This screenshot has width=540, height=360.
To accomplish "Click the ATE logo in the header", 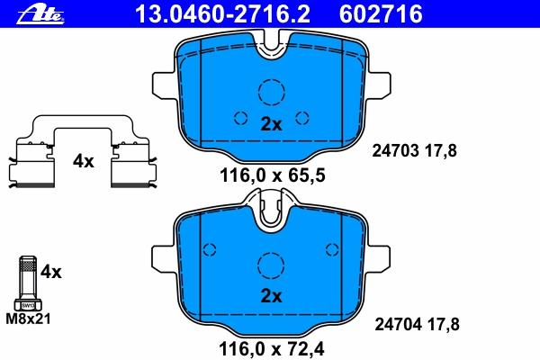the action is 40,14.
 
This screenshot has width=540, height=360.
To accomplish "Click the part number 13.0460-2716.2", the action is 222,14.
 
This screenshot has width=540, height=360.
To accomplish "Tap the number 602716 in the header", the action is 381,14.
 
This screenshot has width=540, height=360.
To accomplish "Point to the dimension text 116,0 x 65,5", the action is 272,175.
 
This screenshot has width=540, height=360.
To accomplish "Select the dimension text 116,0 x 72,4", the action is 272,349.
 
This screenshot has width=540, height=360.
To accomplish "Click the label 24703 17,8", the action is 414,151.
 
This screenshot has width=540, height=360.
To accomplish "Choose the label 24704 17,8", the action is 417,325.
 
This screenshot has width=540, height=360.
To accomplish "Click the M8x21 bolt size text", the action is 28,319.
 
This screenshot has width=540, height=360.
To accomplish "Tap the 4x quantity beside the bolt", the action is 51,272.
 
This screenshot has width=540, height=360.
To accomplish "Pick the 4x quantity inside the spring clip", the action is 84,161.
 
